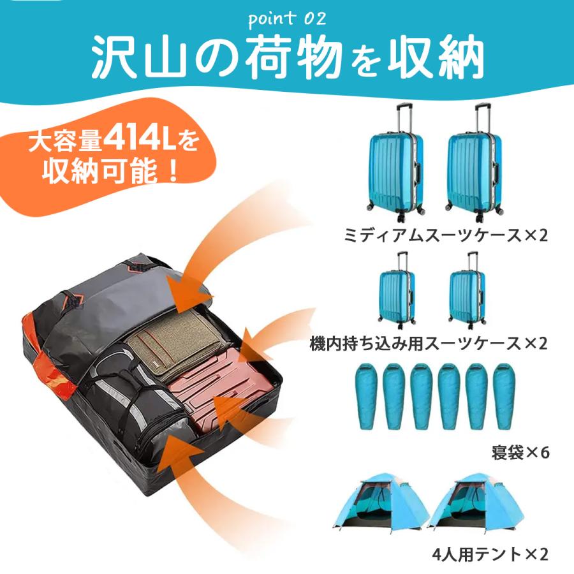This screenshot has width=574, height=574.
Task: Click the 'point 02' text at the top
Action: [x=286, y=19]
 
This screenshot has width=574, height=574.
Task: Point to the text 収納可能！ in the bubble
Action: [x=112, y=173]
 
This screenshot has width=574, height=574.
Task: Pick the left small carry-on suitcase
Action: [x=397, y=296]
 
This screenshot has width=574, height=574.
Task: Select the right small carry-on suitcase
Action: [x=467, y=296]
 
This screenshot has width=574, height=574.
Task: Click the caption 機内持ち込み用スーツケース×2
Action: [x=429, y=344]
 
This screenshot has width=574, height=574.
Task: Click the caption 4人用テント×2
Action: [x=489, y=554]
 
